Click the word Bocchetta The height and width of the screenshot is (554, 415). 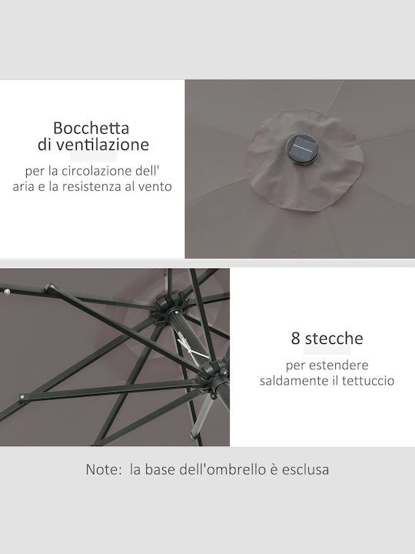pyautogui.click(x=91, y=128)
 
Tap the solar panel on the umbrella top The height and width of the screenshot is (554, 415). pyautogui.click(x=302, y=149)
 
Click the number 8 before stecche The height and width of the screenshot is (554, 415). pyautogui.click(x=295, y=339)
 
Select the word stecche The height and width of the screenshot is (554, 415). pyautogui.click(x=334, y=339)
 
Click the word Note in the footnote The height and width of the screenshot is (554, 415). pyautogui.click(x=104, y=469)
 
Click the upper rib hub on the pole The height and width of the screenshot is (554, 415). pyautogui.click(x=170, y=307)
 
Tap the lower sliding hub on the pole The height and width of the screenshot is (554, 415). pyautogui.click(x=214, y=375)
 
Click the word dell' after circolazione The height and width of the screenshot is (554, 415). pyautogui.click(x=148, y=171)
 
